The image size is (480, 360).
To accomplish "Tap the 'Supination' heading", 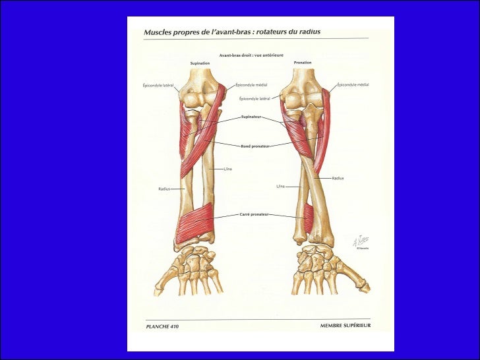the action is [x=200, y=63].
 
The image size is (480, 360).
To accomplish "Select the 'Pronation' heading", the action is [x=303, y=63].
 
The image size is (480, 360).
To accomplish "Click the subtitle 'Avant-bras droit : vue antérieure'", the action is [x=251, y=55].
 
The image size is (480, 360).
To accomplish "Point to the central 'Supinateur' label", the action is [x=251, y=117].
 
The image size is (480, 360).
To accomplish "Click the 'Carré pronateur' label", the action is [x=253, y=214].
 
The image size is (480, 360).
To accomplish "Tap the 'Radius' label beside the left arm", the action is [x=164, y=189].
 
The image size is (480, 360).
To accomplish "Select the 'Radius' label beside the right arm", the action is [x=338, y=178].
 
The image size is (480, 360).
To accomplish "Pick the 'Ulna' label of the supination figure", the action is [x=227, y=169].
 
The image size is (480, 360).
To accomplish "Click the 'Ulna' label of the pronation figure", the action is [x=280, y=186].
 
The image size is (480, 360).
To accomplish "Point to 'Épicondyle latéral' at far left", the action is [x=158, y=85].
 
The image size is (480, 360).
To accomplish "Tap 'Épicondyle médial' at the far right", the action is [x=353, y=85].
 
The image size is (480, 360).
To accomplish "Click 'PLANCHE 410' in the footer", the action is [x=162, y=326].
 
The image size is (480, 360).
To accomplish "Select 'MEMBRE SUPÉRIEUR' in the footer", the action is [x=344, y=326].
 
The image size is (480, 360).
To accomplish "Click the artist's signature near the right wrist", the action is [x=361, y=241].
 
